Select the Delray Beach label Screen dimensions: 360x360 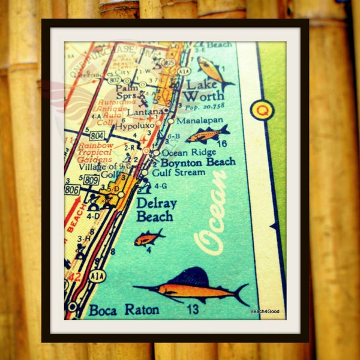[x=156, y=209]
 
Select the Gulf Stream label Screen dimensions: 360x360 [x=178, y=172]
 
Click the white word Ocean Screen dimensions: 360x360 [x=212, y=212]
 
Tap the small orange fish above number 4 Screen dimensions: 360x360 [x=148, y=238]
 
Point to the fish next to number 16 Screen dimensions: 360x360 [x=207, y=134]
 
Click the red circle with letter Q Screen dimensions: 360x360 [x=262, y=110]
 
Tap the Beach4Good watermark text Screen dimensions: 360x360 [x=265, y=311]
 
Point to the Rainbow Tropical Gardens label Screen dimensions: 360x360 [x=94, y=152]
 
